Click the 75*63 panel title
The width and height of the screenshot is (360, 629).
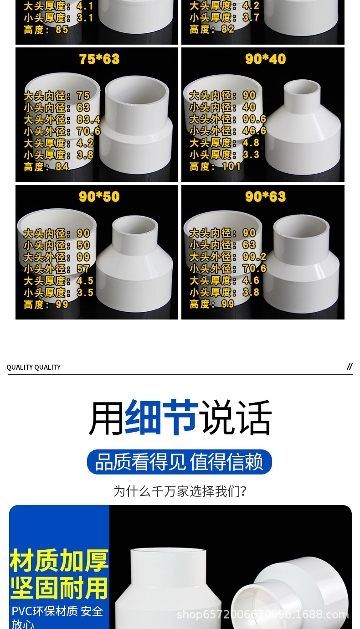click(99, 59)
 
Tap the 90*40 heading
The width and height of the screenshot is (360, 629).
click(265, 59)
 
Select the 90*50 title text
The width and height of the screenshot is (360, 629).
click(99, 197)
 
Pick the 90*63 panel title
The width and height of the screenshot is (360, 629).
click(265, 197)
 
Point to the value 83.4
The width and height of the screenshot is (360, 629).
click(88, 120)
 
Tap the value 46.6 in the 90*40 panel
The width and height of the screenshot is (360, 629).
click(254, 131)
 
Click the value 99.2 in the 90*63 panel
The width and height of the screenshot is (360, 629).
click(254, 257)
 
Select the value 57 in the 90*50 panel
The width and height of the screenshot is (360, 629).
click(83, 269)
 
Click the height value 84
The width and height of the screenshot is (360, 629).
click(62, 167)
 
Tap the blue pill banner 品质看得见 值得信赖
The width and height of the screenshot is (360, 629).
click(179, 462)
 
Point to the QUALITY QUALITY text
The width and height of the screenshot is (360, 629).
click(34, 367)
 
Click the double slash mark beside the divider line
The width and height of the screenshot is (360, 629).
click(350, 366)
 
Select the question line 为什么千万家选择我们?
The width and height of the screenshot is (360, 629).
click(180, 491)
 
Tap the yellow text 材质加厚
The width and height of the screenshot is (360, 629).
click(59, 561)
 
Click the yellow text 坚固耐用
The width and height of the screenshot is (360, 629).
click(59, 588)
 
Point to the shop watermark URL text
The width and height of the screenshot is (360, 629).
click(262, 614)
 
